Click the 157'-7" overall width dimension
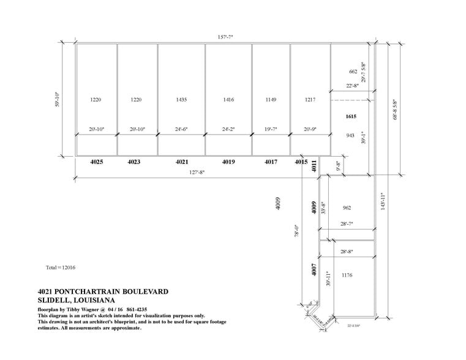tap(225, 37)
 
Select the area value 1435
tap(181, 99)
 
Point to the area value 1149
tap(271, 99)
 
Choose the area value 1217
tap(310, 99)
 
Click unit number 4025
tap(97, 162)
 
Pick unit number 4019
tap(228, 162)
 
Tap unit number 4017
tap(271, 162)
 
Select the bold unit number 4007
tap(314, 269)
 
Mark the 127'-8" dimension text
tap(196, 173)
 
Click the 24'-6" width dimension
tap(181, 129)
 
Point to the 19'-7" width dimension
tap(271, 129)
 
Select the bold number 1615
tap(351, 116)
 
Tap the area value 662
tap(353, 72)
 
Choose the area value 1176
tap(348, 275)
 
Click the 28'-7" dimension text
tap(347, 224)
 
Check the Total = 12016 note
tap(61, 268)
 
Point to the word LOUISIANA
tap(91, 300)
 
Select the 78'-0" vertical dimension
tap(296, 231)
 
